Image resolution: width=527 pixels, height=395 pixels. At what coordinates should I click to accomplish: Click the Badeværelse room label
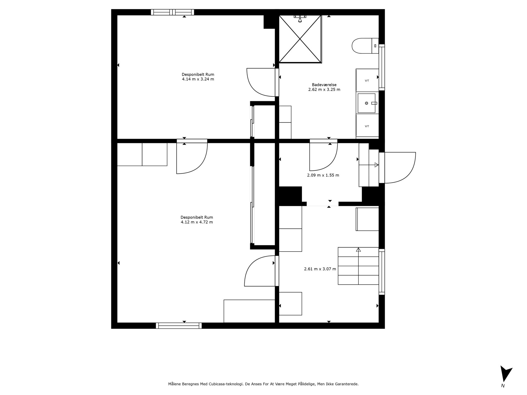tap(324, 85)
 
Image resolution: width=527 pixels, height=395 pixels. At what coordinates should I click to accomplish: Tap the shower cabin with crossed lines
tap(300, 39)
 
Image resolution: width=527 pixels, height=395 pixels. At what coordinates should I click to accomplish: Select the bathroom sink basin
tap(366, 103)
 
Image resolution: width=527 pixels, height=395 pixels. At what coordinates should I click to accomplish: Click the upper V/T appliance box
tap(367, 80)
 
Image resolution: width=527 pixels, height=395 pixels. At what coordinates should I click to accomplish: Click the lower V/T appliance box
tap(367, 126)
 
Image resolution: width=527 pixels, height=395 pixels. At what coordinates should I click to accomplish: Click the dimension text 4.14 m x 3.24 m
tap(198, 79)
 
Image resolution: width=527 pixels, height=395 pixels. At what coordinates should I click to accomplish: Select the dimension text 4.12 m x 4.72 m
tap(197, 222)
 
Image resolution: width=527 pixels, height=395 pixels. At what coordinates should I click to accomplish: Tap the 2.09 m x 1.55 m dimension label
tap(323, 175)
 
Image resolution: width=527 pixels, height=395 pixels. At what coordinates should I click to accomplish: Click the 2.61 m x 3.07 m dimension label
tap(320, 269)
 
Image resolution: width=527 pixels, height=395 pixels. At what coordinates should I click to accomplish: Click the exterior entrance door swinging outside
tap(399, 167)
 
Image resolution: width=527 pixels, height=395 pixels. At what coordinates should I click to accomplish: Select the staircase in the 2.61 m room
tap(358, 266)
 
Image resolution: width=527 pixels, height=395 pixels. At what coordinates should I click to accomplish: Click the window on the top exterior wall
tap(172, 12)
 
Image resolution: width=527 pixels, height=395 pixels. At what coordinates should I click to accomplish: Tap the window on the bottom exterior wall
tap(179, 326)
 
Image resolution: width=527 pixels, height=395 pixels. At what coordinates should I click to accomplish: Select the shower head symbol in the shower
tap(300, 19)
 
